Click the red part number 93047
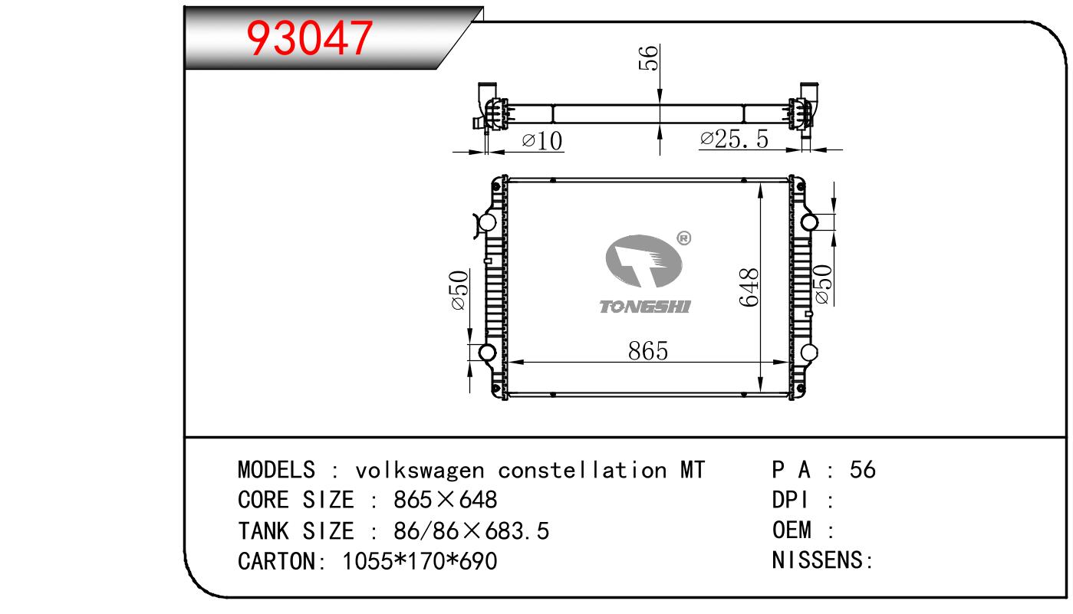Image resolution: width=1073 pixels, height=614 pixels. (309, 38)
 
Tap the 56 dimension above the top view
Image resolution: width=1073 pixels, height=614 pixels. (649, 58)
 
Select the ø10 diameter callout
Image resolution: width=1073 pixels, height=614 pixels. (542, 141)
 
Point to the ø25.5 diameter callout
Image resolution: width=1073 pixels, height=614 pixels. (734, 139)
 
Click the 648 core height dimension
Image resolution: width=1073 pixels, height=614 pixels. (749, 287)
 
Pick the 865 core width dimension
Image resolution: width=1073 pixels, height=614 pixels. (647, 351)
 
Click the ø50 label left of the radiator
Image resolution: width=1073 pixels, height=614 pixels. (459, 290)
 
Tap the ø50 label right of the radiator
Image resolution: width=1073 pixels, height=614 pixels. (822, 284)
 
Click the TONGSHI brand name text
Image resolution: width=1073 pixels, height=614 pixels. (645, 307)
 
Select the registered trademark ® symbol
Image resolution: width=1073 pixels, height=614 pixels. (683, 238)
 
